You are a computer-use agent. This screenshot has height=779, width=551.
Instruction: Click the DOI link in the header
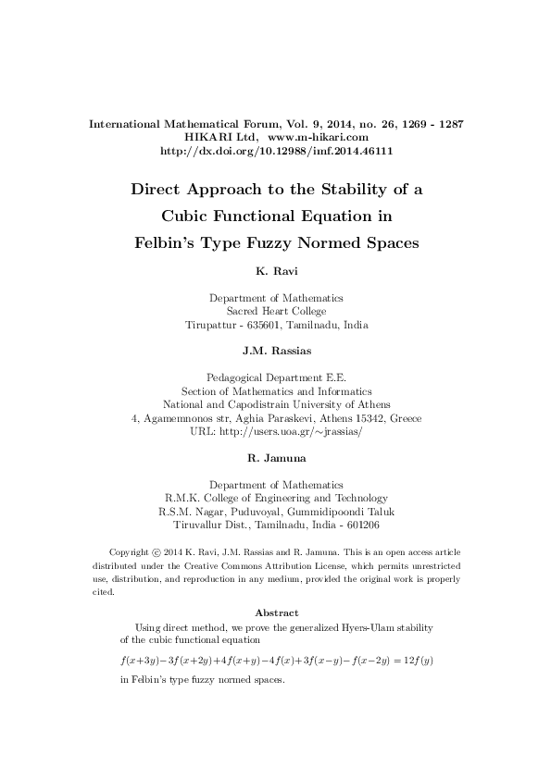[x=276, y=151]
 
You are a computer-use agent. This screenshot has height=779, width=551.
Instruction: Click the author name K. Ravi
[x=276, y=273]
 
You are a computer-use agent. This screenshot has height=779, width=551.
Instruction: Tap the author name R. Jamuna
[x=276, y=458]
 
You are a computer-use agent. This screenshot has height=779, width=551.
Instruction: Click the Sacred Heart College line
[x=276, y=312]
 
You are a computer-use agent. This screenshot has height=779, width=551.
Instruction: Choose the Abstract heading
[x=276, y=613]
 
